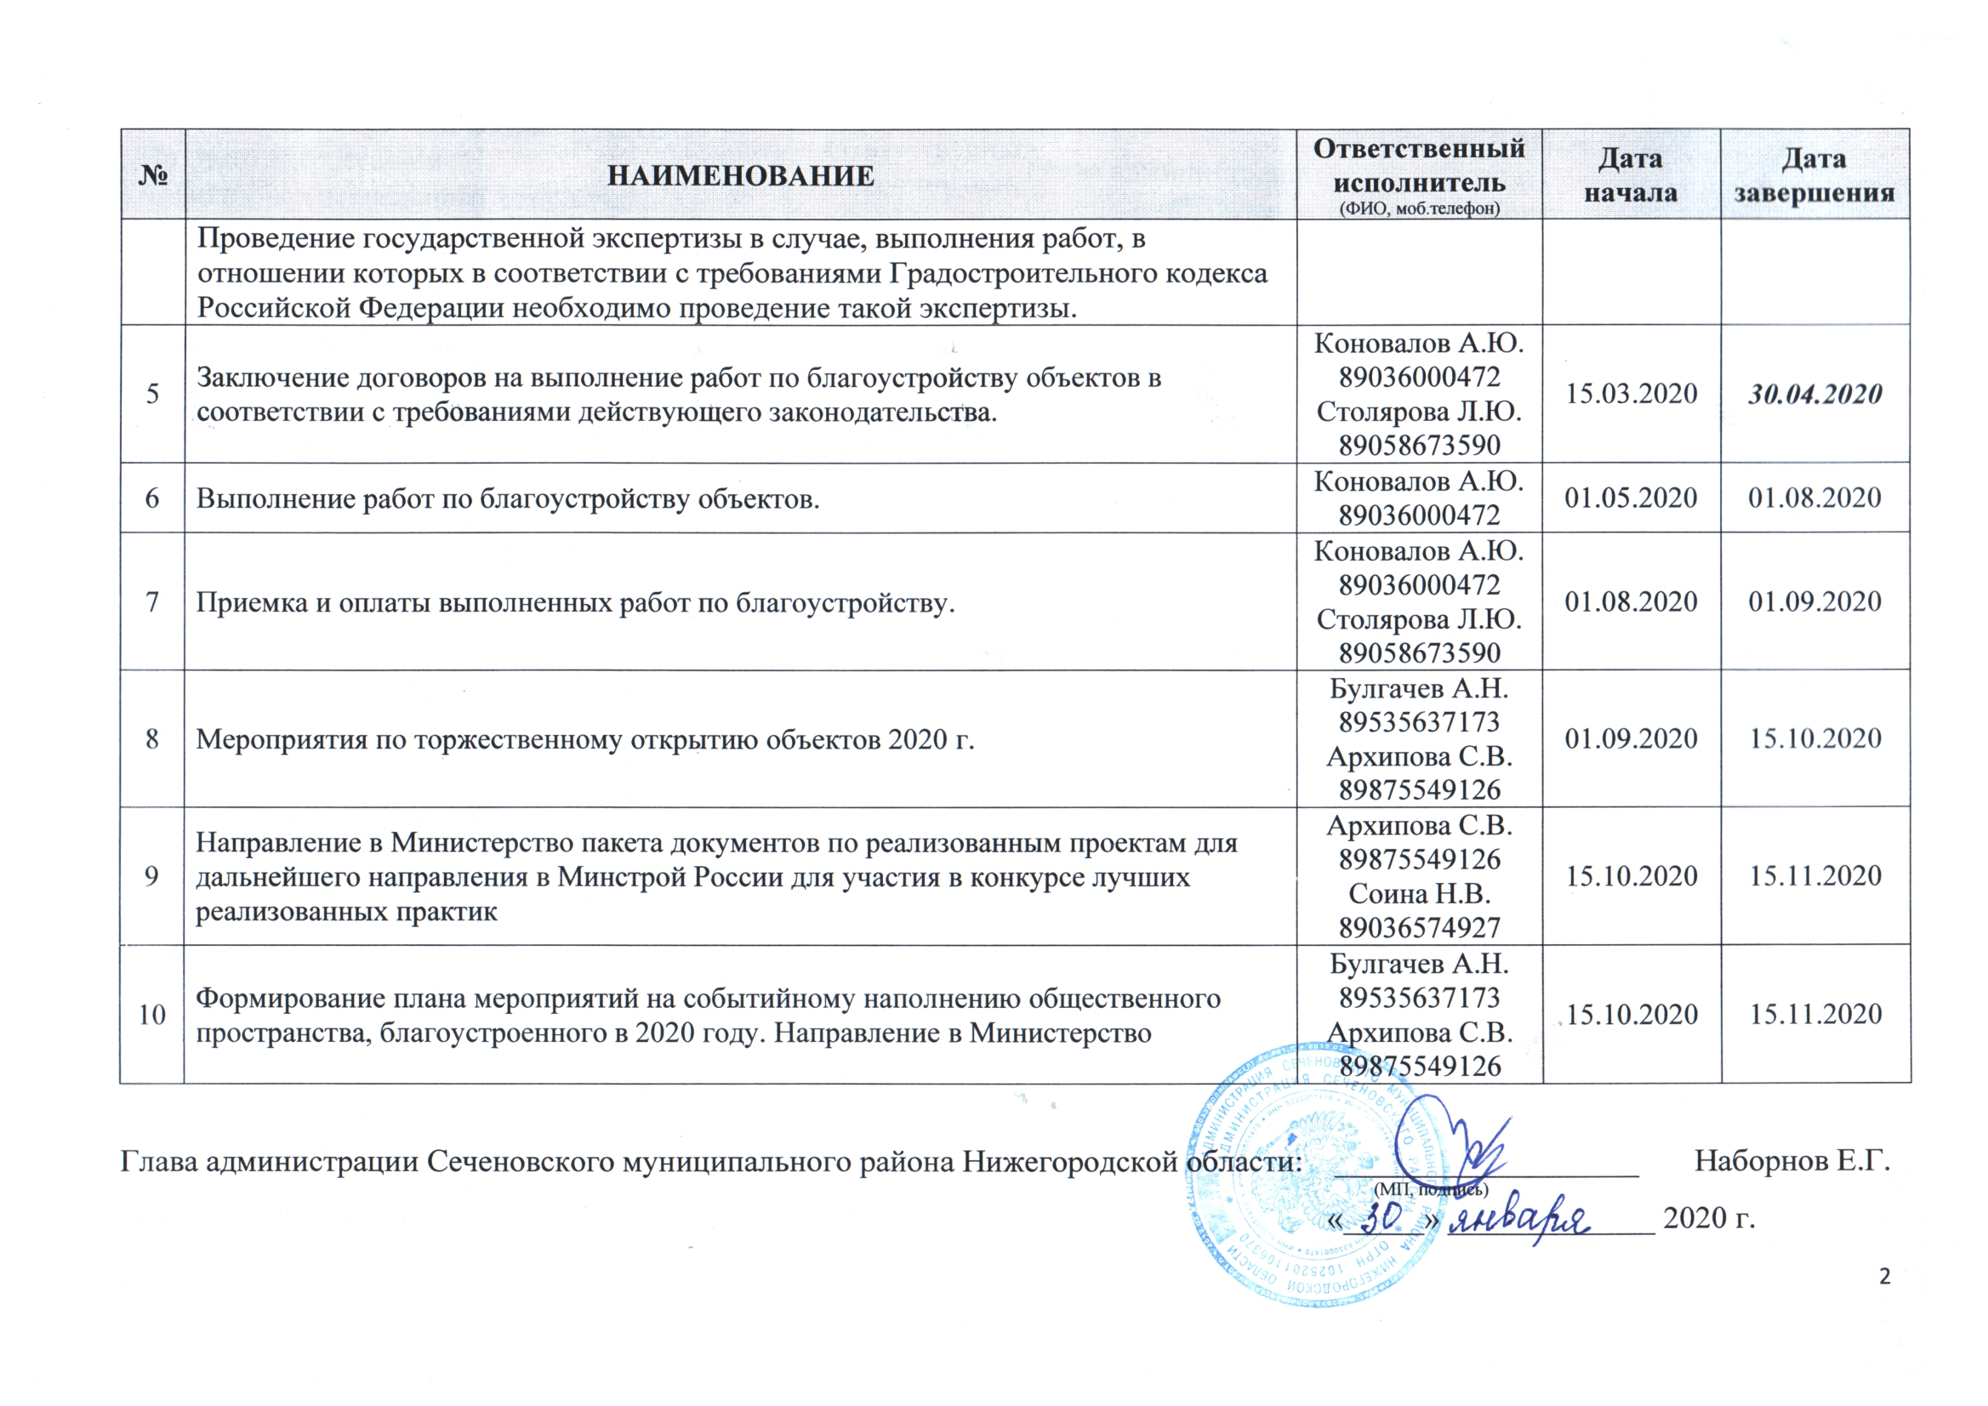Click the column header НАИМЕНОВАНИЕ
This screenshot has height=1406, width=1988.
tap(740, 176)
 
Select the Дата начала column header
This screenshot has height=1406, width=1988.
tap(1631, 175)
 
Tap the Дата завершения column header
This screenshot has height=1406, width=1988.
tap(1814, 175)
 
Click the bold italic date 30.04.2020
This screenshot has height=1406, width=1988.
tap(1814, 395)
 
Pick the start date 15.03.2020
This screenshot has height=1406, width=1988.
tap(1631, 394)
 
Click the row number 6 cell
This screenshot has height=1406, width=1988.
tap(152, 498)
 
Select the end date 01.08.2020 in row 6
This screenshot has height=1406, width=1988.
tap(1814, 498)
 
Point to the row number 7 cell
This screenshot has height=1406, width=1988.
tap(152, 601)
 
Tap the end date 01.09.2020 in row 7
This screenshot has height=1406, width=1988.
tap(1814, 601)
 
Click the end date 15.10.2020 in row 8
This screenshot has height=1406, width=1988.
tap(1814, 738)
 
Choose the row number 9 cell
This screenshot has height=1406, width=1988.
tap(152, 876)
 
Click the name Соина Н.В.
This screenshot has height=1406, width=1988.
tap(1419, 893)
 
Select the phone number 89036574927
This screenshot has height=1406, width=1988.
tap(1419, 927)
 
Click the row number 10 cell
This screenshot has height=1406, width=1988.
tap(152, 1014)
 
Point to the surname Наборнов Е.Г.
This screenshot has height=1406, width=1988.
tap(1791, 1161)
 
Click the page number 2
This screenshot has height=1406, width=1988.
tap(1885, 1277)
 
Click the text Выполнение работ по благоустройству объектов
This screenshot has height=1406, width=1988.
tap(507, 498)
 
